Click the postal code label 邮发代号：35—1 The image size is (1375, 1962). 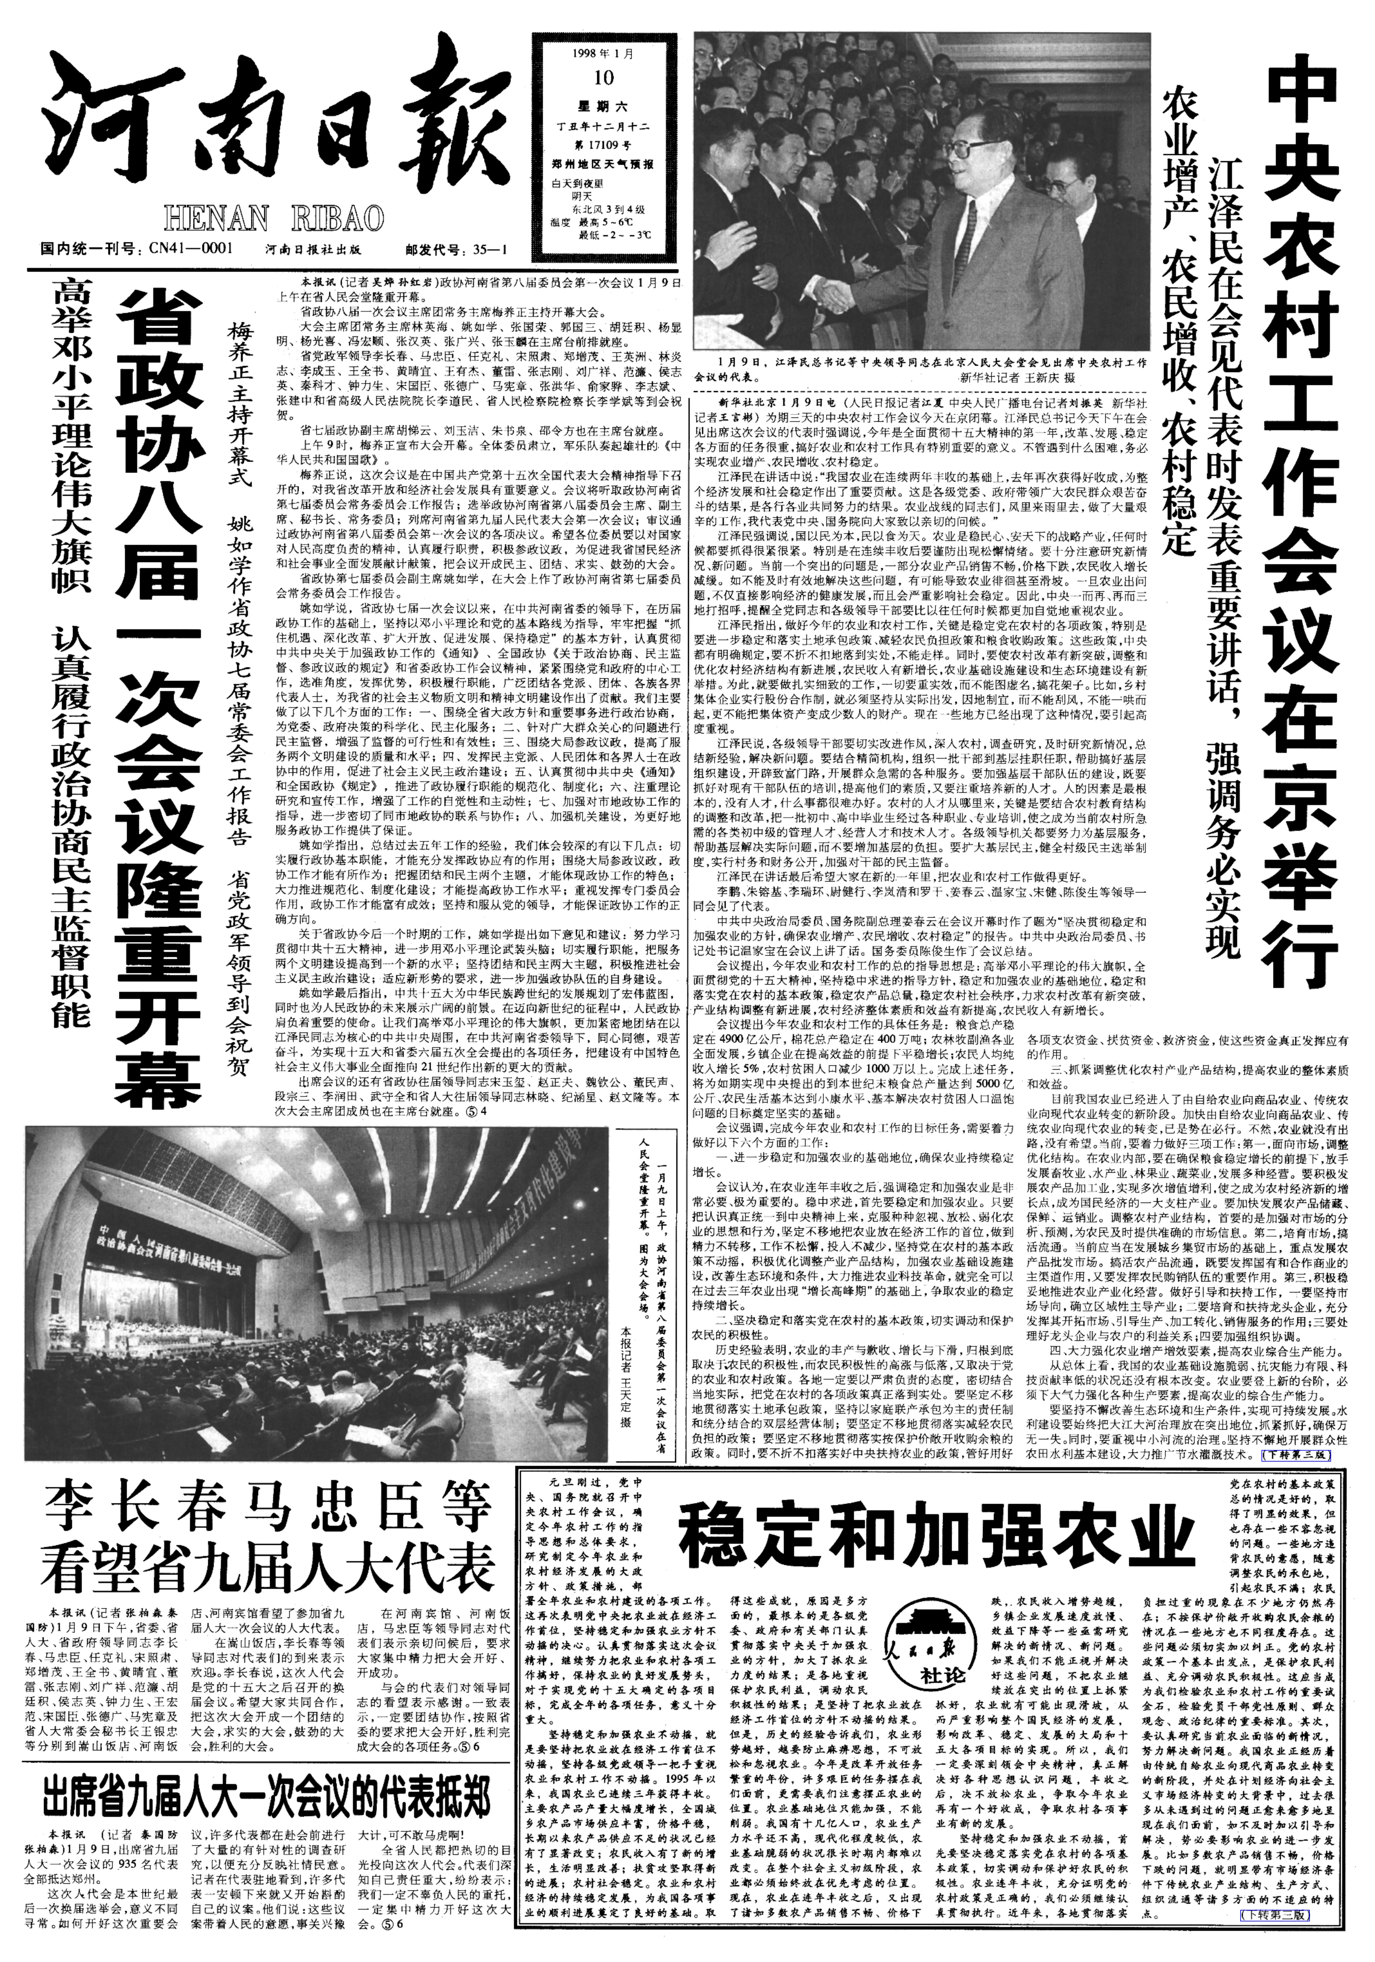[457, 250]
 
